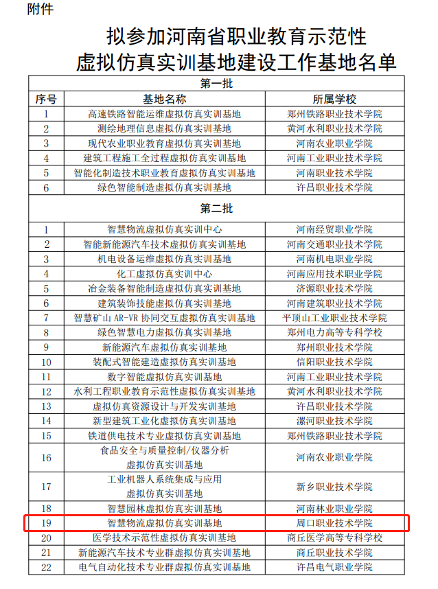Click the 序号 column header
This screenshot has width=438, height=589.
tap(46, 99)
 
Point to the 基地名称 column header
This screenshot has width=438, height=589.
tap(164, 99)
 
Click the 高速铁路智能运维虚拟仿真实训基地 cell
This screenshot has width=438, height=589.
tap(164, 114)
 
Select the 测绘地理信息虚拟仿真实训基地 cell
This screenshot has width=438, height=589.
tap(164, 128)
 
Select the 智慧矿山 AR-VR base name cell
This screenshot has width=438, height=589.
tap(164, 318)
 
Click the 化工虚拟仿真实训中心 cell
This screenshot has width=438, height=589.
tap(164, 273)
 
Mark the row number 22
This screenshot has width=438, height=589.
tap(46, 567)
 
